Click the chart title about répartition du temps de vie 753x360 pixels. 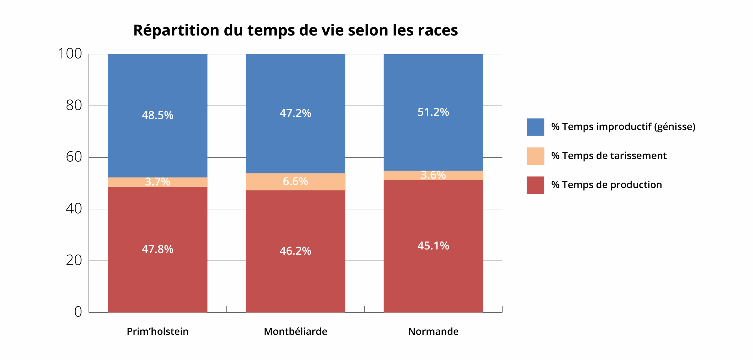point(295,30)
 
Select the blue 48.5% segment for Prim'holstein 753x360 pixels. point(157,115)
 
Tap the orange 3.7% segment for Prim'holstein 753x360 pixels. point(157,182)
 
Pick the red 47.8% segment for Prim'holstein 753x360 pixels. point(157,249)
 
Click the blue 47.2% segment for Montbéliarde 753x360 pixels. point(295,113)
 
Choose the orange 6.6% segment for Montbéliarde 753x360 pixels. point(295,181)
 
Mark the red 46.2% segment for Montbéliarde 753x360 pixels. point(295,251)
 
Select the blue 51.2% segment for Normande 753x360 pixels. point(433,112)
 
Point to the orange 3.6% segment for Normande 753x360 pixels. point(433,175)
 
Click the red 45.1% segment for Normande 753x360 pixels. point(433,246)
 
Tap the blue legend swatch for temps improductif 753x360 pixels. point(535,127)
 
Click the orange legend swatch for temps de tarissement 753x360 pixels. point(535,156)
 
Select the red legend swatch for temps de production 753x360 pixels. point(535,185)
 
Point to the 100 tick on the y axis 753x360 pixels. point(70,54)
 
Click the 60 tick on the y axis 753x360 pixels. point(74,157)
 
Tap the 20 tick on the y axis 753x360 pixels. point(74,260)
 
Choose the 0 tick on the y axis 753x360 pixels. point(78,312)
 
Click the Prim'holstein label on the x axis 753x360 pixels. point(157,331)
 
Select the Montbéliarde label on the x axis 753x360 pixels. point(295,331)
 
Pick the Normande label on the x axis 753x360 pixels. point(433,331)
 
